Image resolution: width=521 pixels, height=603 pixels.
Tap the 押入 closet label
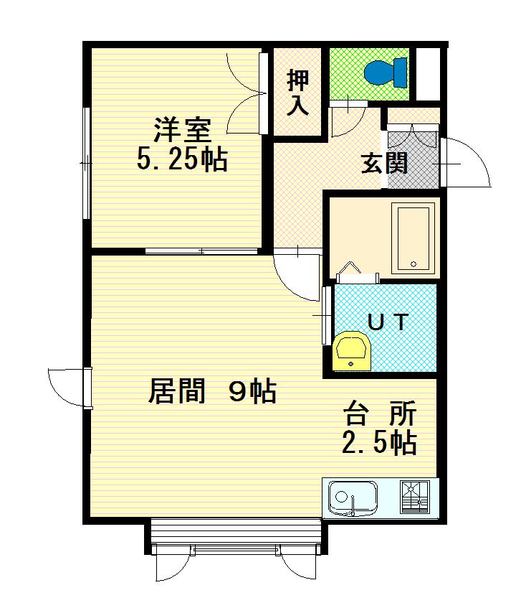[298, 93]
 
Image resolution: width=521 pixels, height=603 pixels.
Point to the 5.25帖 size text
[182, 159]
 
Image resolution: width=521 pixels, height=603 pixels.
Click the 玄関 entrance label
[384, 164]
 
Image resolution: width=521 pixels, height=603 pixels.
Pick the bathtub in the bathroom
[415, 238]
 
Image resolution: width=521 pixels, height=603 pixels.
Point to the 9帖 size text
[252, 392]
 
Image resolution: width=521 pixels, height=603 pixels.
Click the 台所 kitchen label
[380, 416]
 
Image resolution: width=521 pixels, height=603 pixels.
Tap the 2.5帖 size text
[379, 444]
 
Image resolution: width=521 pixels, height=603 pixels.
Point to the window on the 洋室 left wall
[86, 164]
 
